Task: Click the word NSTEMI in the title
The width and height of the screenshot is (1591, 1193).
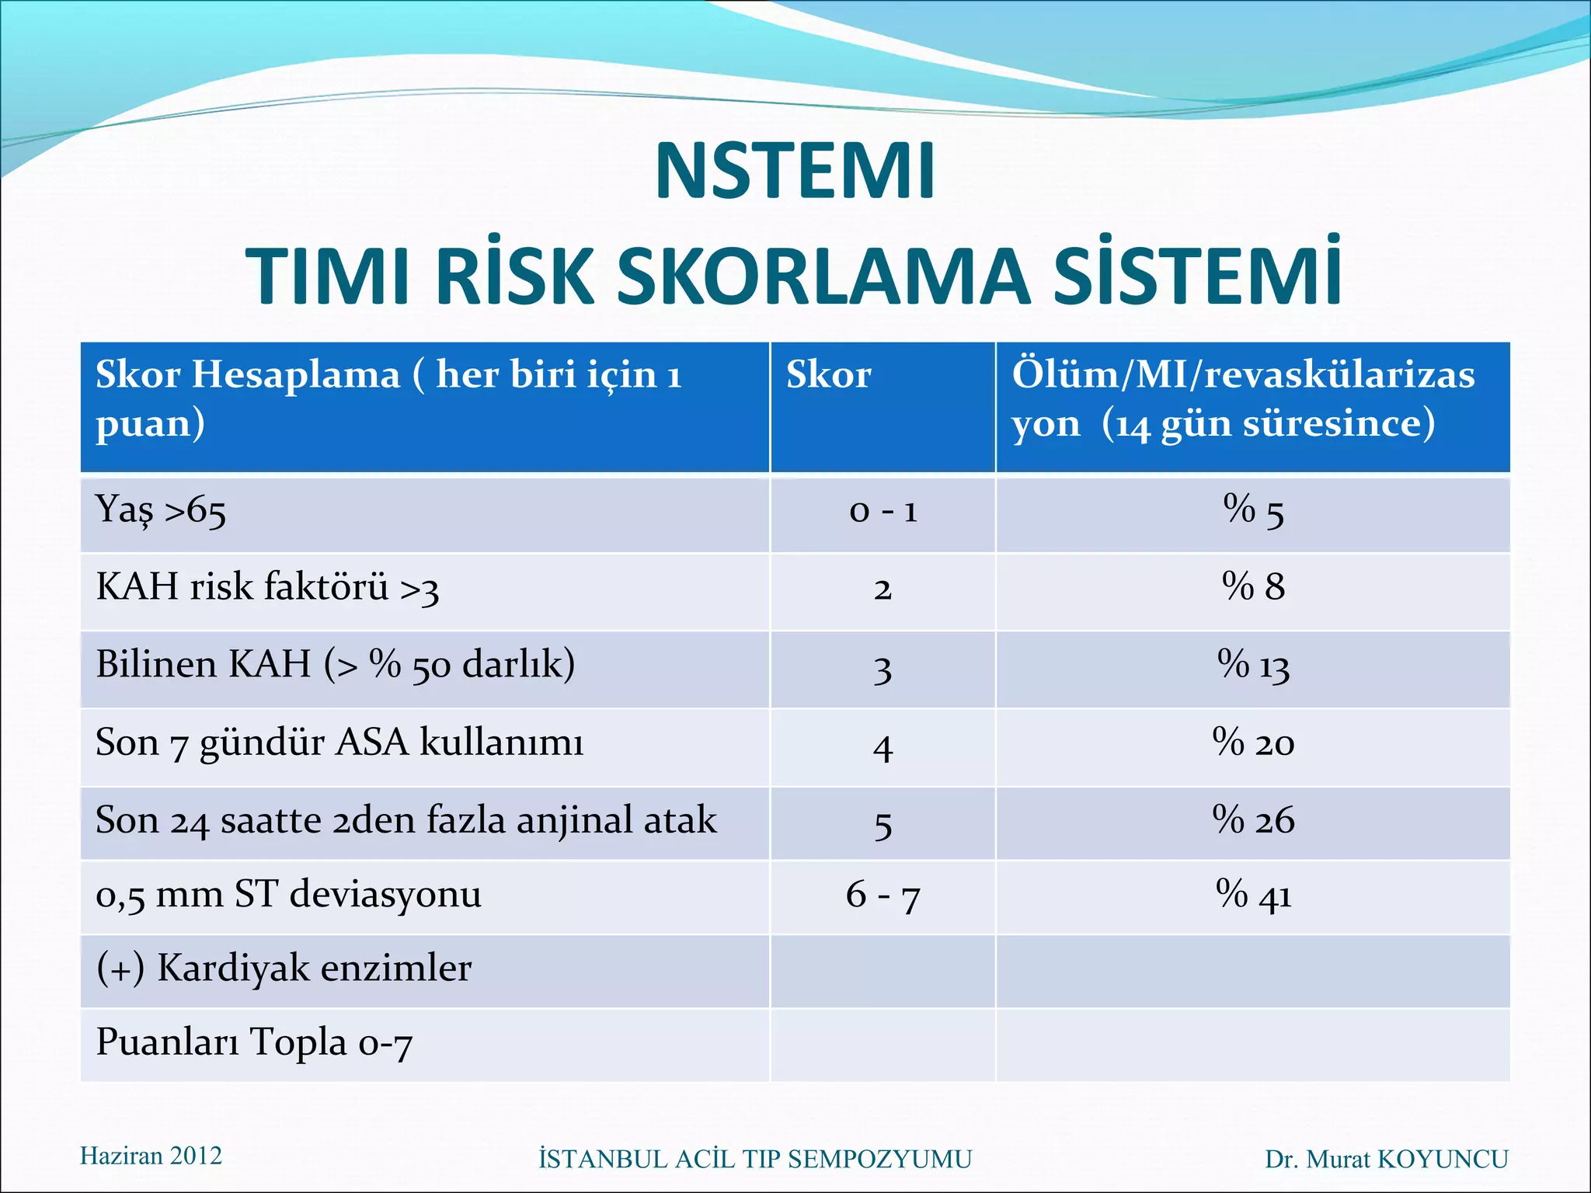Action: [795, 172]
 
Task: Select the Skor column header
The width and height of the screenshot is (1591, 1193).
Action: [828, 375]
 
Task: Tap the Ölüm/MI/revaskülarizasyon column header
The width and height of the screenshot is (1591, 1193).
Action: [1243, 399]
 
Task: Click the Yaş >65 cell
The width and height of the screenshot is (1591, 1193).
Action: [161, 512]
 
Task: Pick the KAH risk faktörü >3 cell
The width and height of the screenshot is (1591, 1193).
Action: [267, 588]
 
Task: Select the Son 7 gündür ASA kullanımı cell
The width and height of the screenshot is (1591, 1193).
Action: [339, 743]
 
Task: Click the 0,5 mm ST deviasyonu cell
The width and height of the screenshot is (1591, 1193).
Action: [288, 895]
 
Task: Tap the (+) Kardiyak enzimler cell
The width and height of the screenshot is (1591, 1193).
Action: [284, 969]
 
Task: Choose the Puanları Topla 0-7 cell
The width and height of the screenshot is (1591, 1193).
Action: [253, 1043]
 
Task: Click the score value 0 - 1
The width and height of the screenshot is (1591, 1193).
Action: [883, 512]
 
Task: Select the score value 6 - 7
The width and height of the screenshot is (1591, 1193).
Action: [883, 895]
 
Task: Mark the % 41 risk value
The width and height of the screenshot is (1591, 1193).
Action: [1253, 895]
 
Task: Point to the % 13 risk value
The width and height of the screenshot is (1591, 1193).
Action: [1253, 666]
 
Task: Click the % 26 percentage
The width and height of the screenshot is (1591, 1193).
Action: [1253, 820]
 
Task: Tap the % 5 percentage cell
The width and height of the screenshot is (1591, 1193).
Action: [1253, 512]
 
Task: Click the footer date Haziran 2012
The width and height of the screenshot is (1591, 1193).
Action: [151, 1156]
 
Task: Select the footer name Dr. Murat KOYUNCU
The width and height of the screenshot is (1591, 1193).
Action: [1386, 1159]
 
